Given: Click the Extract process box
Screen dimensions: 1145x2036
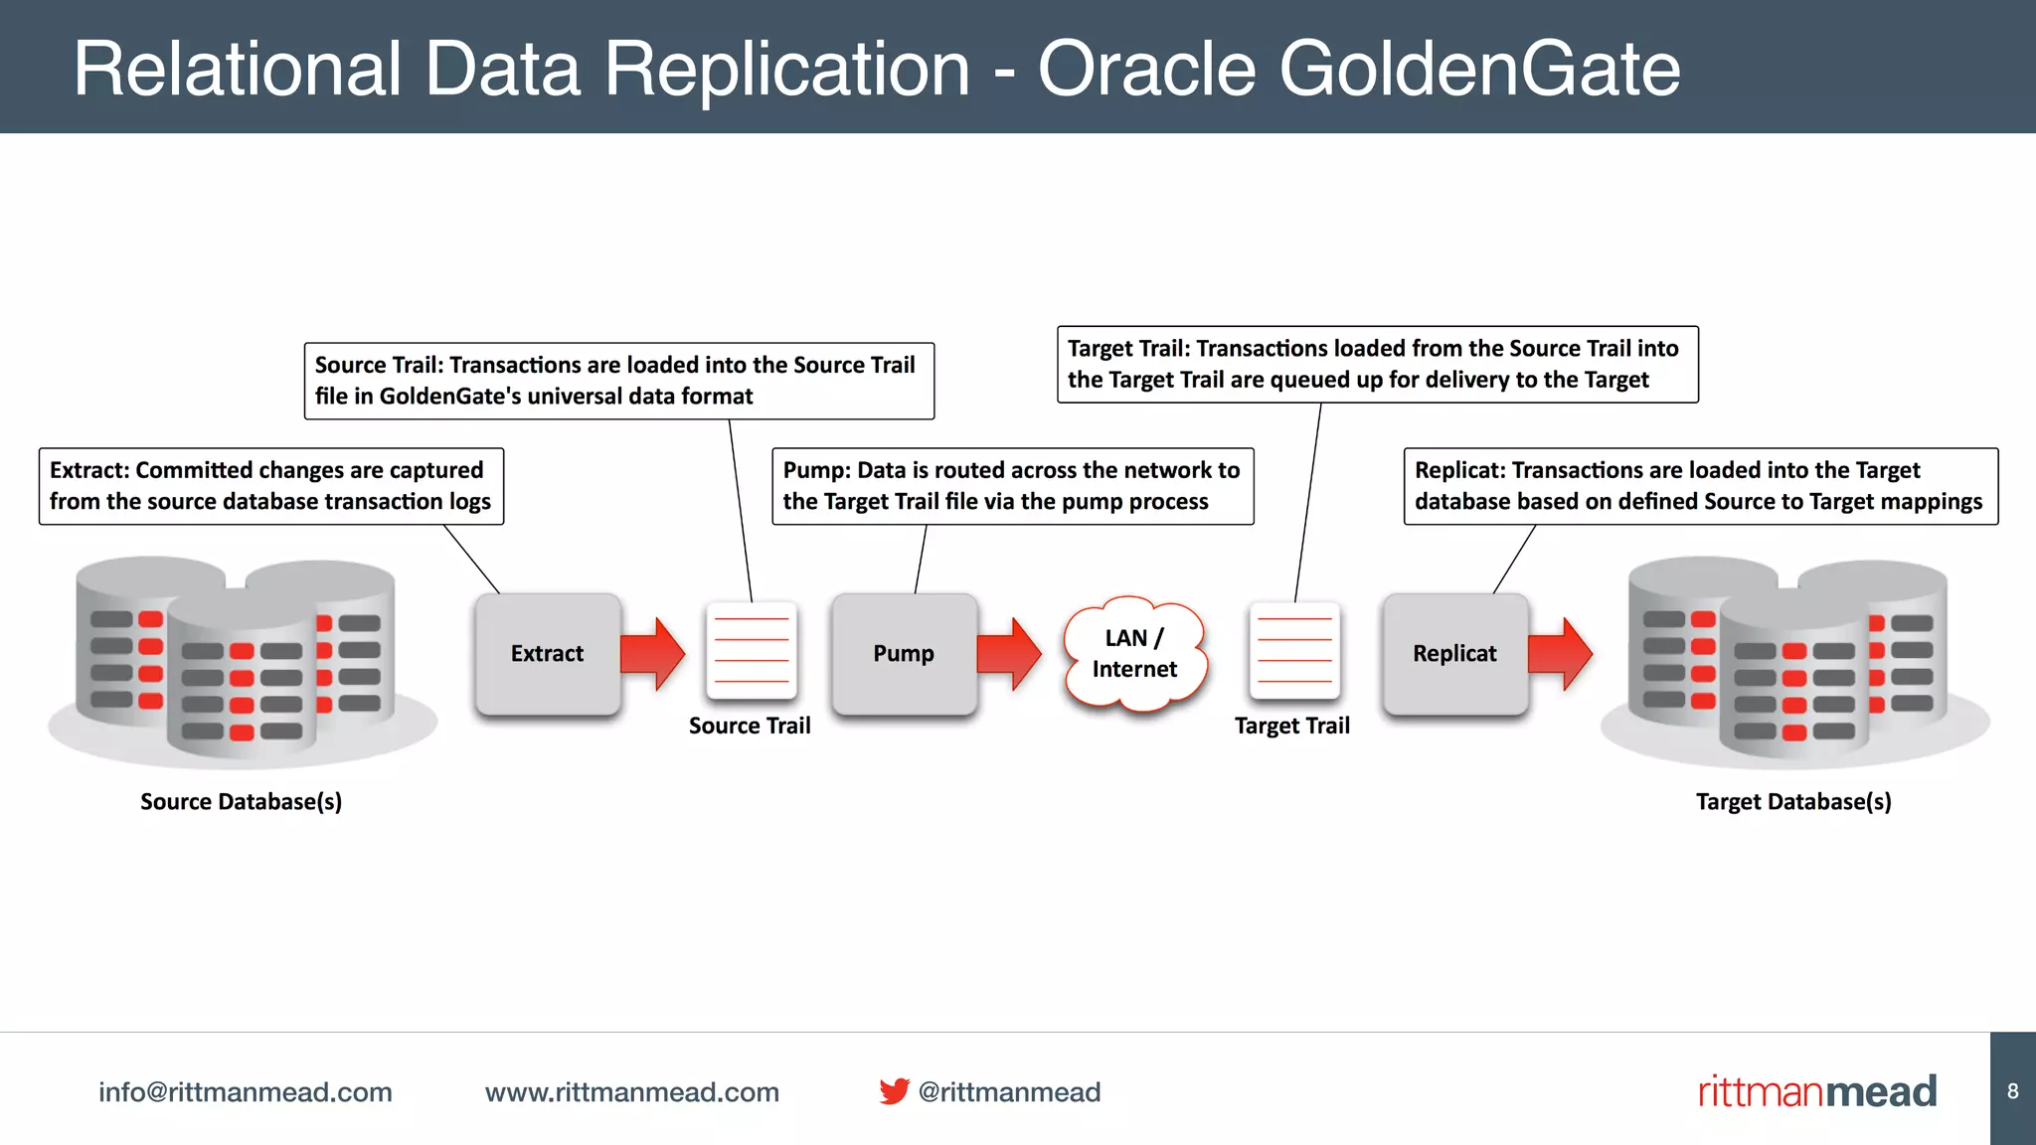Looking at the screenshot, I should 548,653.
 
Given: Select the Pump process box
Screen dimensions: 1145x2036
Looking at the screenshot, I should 904,653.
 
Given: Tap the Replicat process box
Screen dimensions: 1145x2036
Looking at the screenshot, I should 1454,653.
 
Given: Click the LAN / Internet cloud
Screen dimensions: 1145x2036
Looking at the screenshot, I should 1134,654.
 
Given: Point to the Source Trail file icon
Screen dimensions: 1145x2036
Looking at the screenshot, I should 752,650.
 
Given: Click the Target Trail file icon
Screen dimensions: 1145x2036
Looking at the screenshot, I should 1294,650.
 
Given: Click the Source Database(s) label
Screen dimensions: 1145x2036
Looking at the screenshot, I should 241,801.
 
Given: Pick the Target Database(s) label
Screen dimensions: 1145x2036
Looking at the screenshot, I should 1793,801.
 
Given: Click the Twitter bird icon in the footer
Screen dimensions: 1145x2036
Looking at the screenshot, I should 894,1091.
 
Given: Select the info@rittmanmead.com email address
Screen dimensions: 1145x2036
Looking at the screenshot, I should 245,1092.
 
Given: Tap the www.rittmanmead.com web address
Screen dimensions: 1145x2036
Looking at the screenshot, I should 631,1092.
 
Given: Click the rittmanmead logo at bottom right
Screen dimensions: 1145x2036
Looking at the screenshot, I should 1817,1091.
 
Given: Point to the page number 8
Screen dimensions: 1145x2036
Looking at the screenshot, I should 2012,1091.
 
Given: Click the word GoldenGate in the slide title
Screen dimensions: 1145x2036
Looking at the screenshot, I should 1478,69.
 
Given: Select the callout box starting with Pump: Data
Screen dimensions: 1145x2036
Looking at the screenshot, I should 1012,486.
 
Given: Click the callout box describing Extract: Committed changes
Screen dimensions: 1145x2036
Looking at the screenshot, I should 270,486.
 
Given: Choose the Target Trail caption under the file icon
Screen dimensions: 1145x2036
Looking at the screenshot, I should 1291,726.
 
